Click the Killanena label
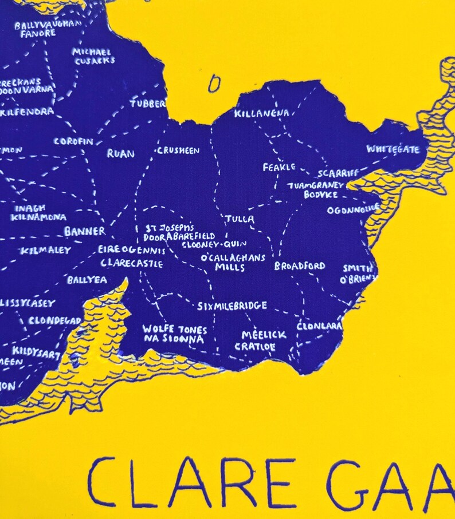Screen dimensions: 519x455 click(261, 114)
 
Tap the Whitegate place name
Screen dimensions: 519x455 click(393, 150)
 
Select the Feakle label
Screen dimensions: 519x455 click(279, 167)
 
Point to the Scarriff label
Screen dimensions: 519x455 click(338, 173)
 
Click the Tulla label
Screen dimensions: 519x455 click(240, 219)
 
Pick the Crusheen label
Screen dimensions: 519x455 click(178, 151)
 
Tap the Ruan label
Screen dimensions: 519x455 click(120, 153)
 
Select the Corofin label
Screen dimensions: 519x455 click(73, 141)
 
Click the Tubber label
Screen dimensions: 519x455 click(148, 104)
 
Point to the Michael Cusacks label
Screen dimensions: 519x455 click(93, 56)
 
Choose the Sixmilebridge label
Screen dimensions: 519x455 click(232, 306)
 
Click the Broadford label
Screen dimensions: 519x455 click(299, 266)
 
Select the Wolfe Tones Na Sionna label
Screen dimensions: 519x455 click(174, 334)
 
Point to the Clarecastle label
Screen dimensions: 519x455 click(131, 264)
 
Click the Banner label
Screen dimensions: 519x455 click(84, 232)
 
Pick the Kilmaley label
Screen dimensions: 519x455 click(46, 251)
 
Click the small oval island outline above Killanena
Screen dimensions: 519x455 click(214, 84)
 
